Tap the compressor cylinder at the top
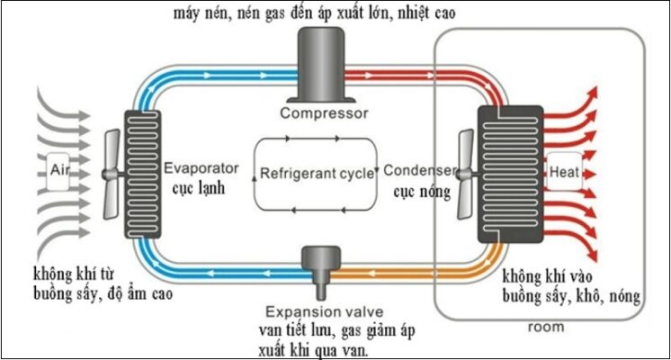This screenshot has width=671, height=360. pyautogui.click(x=312, y=63)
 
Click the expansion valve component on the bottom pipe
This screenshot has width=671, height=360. pyautogui.click(x=317, y=262)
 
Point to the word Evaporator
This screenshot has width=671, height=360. pyautogui.click(x=201, y=168)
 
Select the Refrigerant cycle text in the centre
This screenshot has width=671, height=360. pyautogui.click(x=316, y=174)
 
